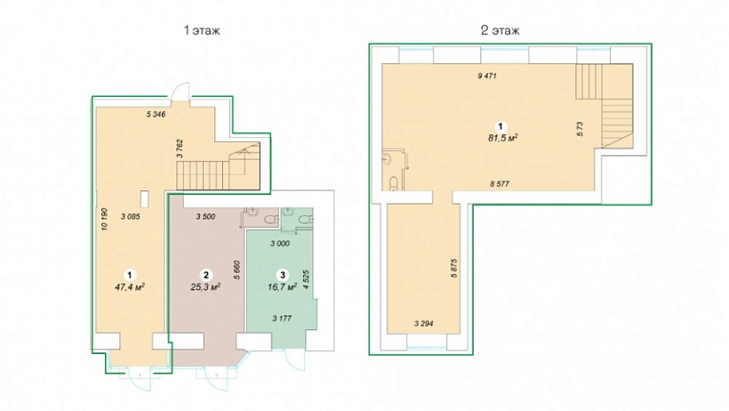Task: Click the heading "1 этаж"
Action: click(x=202, y=31)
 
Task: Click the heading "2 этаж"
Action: click(x=501, y=31)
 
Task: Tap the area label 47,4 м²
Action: click(x=130, y=286)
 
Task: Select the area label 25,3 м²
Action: click(x=205, y=286)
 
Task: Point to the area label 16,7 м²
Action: click(x=282, y=287)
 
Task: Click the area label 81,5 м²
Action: click(x=503, y=138)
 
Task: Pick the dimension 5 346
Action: click(x=156, y=114)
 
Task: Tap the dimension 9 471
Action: click(x=487, y=76)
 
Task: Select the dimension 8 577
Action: click(x=500, y=184)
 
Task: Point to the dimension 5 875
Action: click(x=453, y=268)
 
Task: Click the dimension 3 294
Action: click(x=423, y=324)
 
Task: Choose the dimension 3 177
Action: click(x=282, y=318)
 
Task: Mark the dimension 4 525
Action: click(x=306, y=279)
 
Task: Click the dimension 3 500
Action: click(x=205, y=216)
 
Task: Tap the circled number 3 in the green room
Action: click(x=282, y=275)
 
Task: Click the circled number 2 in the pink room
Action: click(x=205, y=275)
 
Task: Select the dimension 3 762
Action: click(x=180, y=149)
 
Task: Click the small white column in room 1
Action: click(x=146, y=199)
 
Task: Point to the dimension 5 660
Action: click(x=237, y=270)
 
